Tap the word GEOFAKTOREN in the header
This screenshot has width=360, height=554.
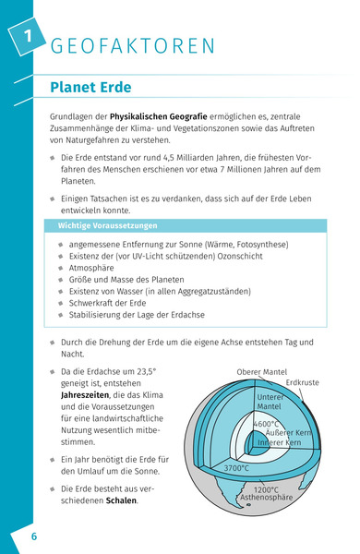click(133, 45)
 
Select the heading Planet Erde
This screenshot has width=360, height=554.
click(90, 88)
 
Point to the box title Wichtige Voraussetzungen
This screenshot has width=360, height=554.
click(108, 226)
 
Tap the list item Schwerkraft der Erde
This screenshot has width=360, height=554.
click(113, 303)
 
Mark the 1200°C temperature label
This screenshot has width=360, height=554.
click(266, 489)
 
